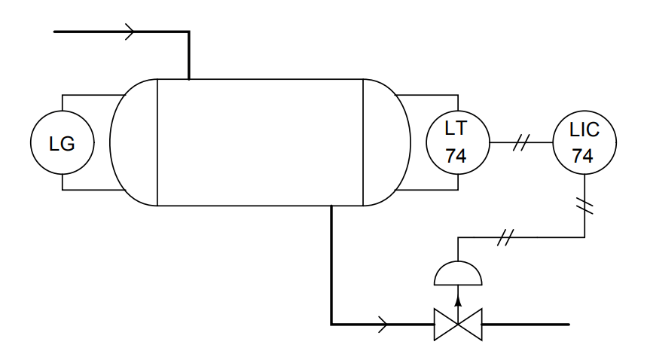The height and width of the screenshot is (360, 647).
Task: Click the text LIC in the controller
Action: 584,130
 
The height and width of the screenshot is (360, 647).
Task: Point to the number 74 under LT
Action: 456,156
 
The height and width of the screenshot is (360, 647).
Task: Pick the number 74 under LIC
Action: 582,156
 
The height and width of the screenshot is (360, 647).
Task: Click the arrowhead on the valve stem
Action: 458,301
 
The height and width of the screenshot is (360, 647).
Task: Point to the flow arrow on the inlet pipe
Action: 130,32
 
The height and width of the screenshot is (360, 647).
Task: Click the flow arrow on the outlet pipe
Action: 383,325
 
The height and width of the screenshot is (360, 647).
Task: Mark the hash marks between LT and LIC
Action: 521,142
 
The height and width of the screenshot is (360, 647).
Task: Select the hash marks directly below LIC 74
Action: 584,206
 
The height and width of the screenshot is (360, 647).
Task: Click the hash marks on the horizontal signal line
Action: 505,237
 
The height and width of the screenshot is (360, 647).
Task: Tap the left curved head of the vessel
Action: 110,142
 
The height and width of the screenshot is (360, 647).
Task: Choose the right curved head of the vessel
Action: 410,142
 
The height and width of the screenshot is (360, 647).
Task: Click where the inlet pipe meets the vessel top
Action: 189,79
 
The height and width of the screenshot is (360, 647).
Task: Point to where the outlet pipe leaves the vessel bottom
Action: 331,206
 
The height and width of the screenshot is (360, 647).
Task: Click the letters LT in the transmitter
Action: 456,128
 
